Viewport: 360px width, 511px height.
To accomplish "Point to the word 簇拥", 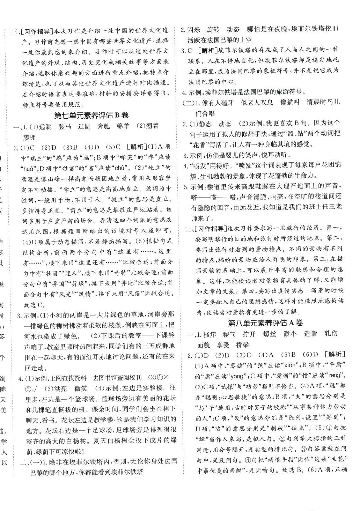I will (x=29, y=136).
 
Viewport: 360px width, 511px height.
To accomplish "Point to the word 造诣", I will (x=310, y=334).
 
